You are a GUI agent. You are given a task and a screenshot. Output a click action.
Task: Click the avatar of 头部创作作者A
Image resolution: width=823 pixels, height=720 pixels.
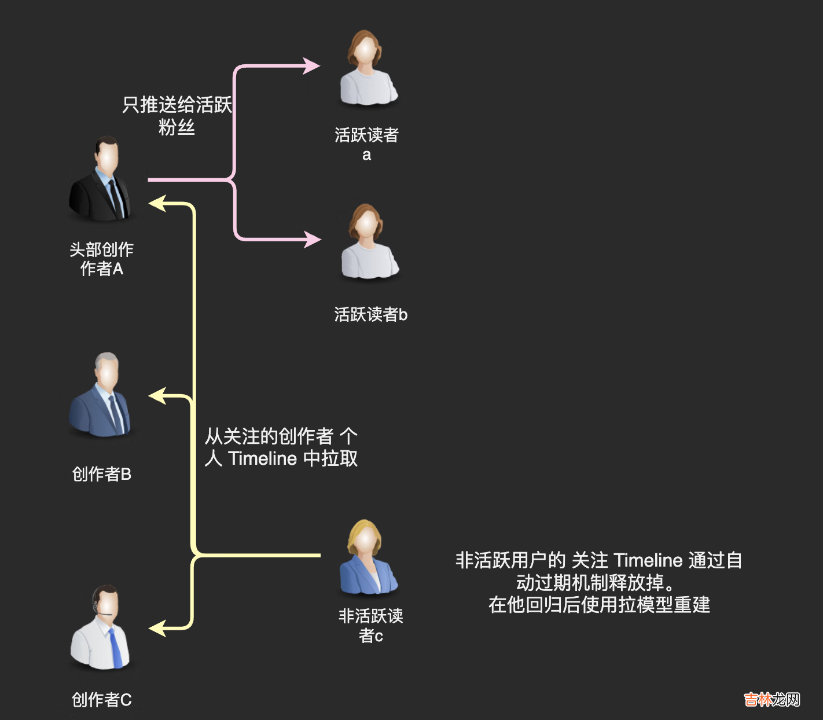[x=102, y=180]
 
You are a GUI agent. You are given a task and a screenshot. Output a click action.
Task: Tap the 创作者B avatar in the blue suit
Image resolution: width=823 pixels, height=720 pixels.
[x=102, y=395]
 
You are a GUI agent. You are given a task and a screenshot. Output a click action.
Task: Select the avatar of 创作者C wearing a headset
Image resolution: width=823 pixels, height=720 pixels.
[x=102, y=628]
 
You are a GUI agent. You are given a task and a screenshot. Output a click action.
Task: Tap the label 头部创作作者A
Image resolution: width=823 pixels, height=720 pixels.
[x=102, y=259]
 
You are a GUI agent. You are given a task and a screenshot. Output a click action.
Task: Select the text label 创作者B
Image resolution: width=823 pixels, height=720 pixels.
[x=102, y=475]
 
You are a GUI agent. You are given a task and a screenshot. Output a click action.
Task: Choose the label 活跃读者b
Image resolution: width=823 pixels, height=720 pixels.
[x=370, y=315]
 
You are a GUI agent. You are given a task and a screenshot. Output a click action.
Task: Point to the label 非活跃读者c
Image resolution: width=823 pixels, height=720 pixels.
[x=370, y=626]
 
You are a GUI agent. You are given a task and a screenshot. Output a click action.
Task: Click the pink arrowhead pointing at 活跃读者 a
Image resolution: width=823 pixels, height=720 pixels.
[x=312, y=66]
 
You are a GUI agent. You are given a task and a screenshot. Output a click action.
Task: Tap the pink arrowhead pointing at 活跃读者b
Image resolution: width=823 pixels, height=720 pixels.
[x=313, y=239]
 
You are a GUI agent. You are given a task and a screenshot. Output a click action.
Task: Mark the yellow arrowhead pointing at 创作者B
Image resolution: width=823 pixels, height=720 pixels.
[x=157, y=396]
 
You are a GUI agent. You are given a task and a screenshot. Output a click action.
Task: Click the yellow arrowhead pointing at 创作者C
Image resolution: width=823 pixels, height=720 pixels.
[x=157, y=628]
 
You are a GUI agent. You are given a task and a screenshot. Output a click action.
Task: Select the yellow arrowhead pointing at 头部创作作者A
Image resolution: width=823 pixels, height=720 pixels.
[x=157, y=203]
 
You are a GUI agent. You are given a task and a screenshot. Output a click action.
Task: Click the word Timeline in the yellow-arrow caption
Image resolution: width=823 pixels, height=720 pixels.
[x=262, y=458]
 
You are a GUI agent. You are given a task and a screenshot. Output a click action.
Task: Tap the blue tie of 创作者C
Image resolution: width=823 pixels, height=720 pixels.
[x=116, y=648]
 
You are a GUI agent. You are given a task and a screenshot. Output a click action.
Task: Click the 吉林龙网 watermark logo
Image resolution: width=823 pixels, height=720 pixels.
[x=771, y=700]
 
